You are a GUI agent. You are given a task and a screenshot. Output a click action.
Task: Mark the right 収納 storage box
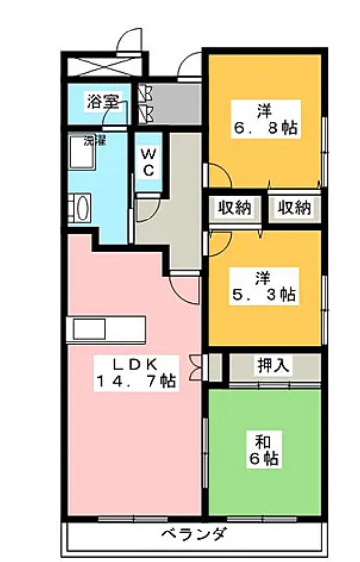293,207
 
